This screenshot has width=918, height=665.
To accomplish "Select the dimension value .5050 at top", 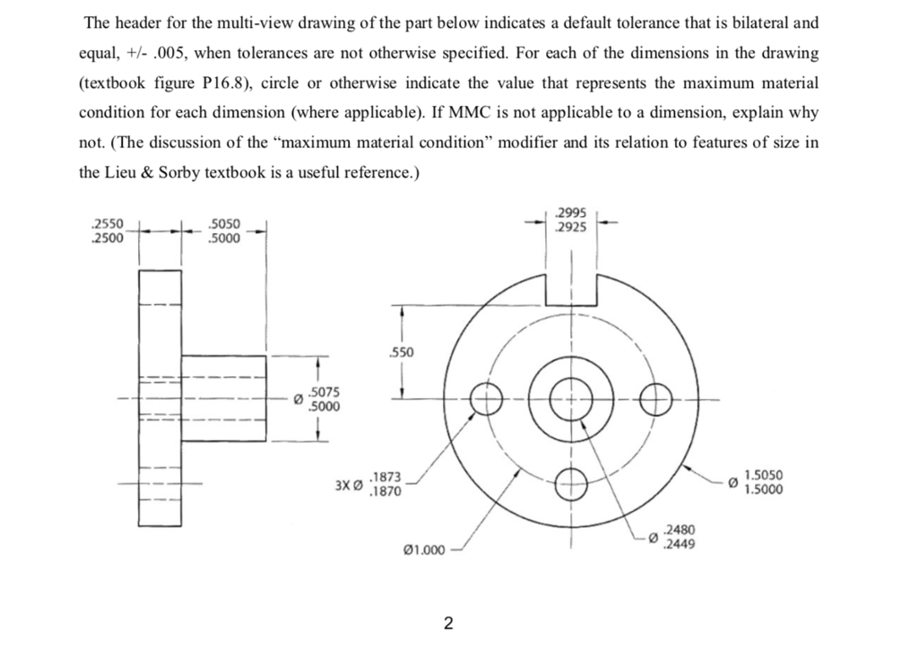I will coord(223,225).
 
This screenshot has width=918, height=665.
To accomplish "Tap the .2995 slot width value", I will coord(571,213).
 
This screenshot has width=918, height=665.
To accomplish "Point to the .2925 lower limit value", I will coord(571,228).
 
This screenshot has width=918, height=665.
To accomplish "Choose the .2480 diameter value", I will coord(675,531).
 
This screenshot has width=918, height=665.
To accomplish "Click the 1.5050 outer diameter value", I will coord(764,477).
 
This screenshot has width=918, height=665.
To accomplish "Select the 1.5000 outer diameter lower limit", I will coord(764,490).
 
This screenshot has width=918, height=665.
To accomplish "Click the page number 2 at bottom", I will coord(448,622).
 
